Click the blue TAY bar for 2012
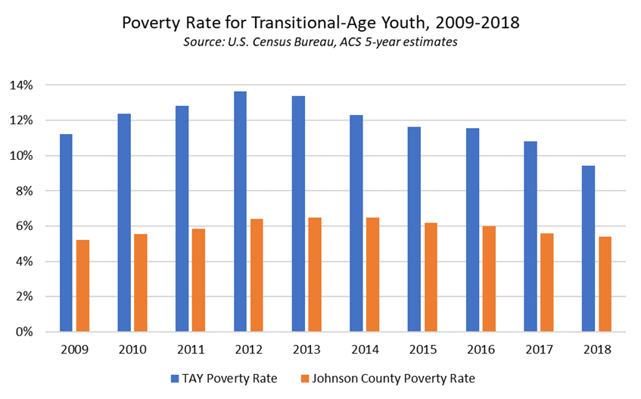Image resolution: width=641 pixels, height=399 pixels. (240, 211)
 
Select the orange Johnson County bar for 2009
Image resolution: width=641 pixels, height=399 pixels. (82, 285)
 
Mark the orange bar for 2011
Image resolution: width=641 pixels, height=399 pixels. (198, 280)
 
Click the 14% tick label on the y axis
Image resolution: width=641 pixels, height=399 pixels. (21, 86)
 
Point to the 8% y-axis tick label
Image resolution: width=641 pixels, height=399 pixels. (24, 191)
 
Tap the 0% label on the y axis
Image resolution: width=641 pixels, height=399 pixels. (24, 332)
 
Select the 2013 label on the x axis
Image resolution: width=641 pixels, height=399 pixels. (306, 350)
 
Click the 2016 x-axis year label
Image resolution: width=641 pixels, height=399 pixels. (480, 350)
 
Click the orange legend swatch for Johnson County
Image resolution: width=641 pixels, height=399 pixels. (306, 377)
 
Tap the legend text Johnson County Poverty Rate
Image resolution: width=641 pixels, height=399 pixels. (394, 377)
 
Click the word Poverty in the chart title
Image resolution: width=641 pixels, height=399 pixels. (151, 23)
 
